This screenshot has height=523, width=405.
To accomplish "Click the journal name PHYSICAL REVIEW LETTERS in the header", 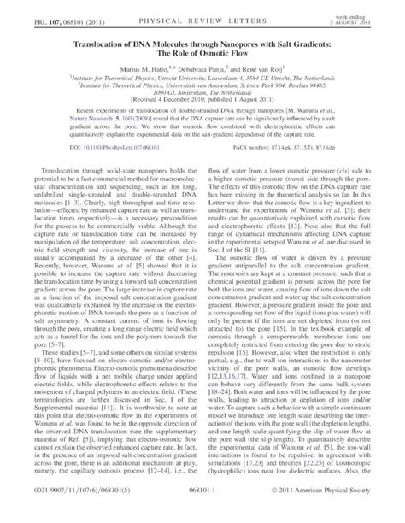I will tap(202, 10).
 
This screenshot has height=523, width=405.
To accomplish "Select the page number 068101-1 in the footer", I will tap(202, 513).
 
